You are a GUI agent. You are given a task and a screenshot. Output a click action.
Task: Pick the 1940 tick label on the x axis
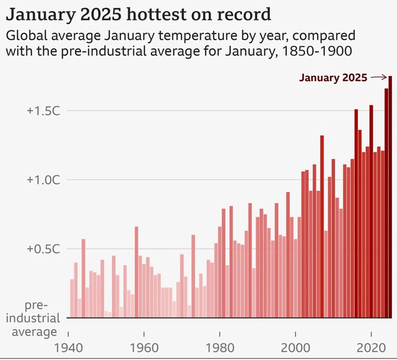[69, 348]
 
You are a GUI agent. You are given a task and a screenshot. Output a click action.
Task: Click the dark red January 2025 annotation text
[333, 78]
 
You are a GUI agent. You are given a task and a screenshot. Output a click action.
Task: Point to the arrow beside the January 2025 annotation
[378, 78]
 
